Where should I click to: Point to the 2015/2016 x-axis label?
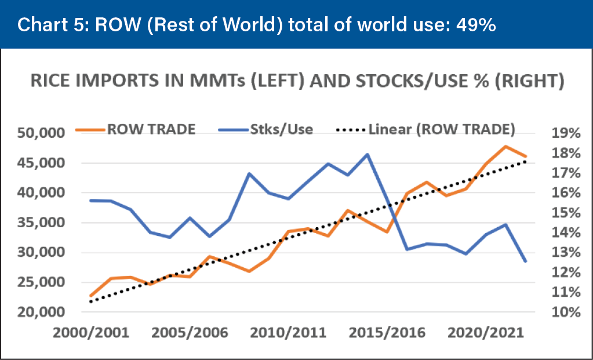pos(390,334)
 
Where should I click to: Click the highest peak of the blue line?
pos(367,154)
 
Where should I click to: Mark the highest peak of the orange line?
pos(505,146)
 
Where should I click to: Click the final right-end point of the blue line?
pos(525,261)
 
